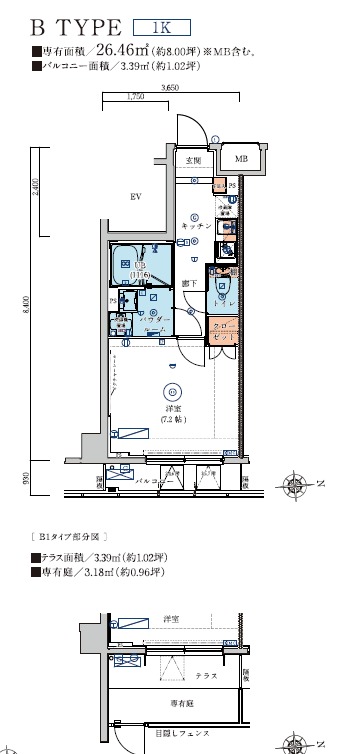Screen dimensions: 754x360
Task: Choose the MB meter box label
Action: point(241,159)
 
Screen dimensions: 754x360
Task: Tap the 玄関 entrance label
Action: point(193,160)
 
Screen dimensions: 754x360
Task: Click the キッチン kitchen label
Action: point(196,227)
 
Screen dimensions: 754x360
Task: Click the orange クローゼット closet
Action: point(221,332)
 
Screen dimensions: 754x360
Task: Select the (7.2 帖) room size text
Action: point(174,419)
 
